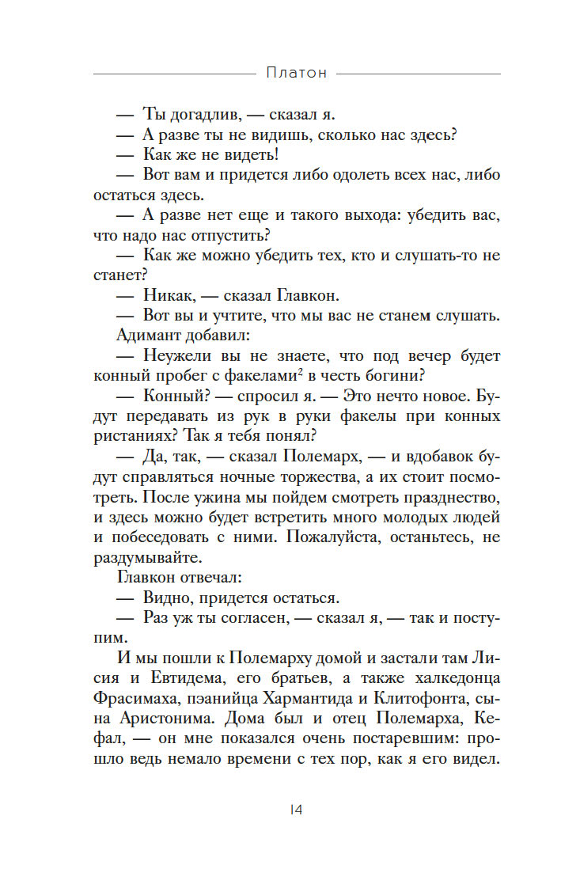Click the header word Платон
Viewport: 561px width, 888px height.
click(x=296, y=73)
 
